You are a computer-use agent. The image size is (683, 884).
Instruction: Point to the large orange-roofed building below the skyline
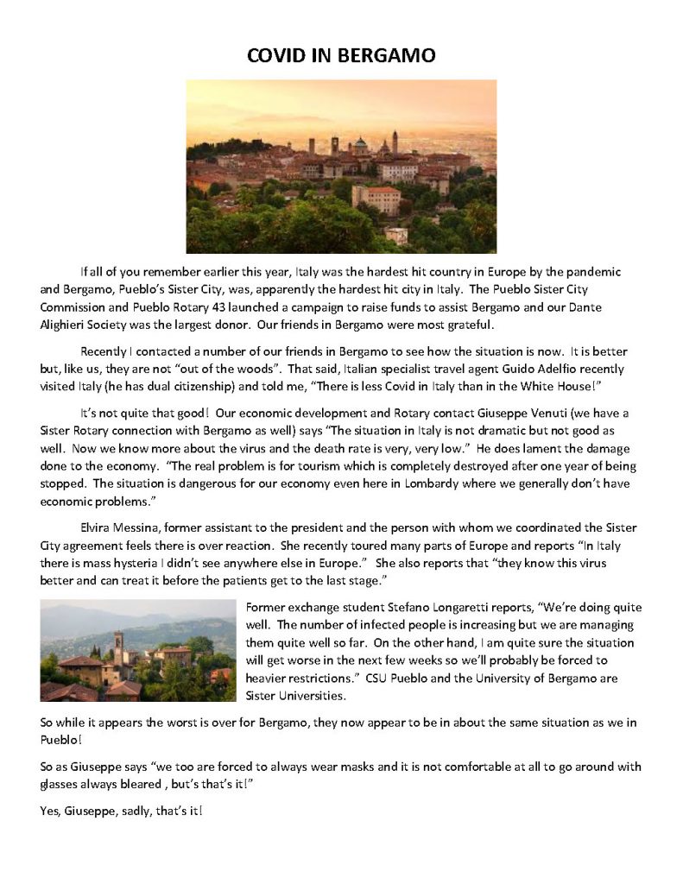click(x=376, y=199)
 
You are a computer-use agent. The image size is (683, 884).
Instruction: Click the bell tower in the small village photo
click(x=119, y=643)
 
